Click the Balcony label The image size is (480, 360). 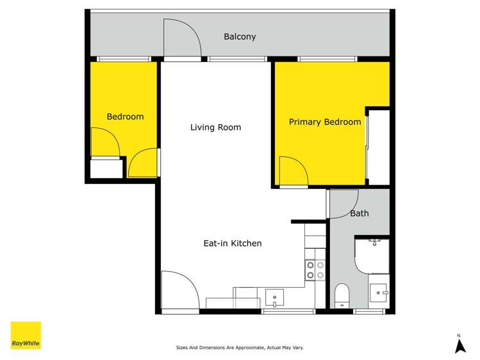coord(240,37)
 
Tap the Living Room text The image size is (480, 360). coord(215,127)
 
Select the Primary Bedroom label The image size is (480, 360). coord(324,122)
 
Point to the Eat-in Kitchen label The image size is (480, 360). coord(232,243)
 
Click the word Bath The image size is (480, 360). coord(359,213)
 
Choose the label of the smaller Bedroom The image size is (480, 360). coord(125,117)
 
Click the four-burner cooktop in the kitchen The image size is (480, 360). coord(315,270)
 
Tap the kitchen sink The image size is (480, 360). coord(275,298)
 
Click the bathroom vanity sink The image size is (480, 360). coord(379,293)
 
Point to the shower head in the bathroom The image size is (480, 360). coord(375,242)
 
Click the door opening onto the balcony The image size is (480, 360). coord(182,38)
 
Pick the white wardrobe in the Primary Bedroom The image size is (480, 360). coord(378,148)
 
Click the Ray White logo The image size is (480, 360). coord(26,335)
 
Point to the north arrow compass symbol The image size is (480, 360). coord(459,345)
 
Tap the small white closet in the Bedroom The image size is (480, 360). coord(106,168)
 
